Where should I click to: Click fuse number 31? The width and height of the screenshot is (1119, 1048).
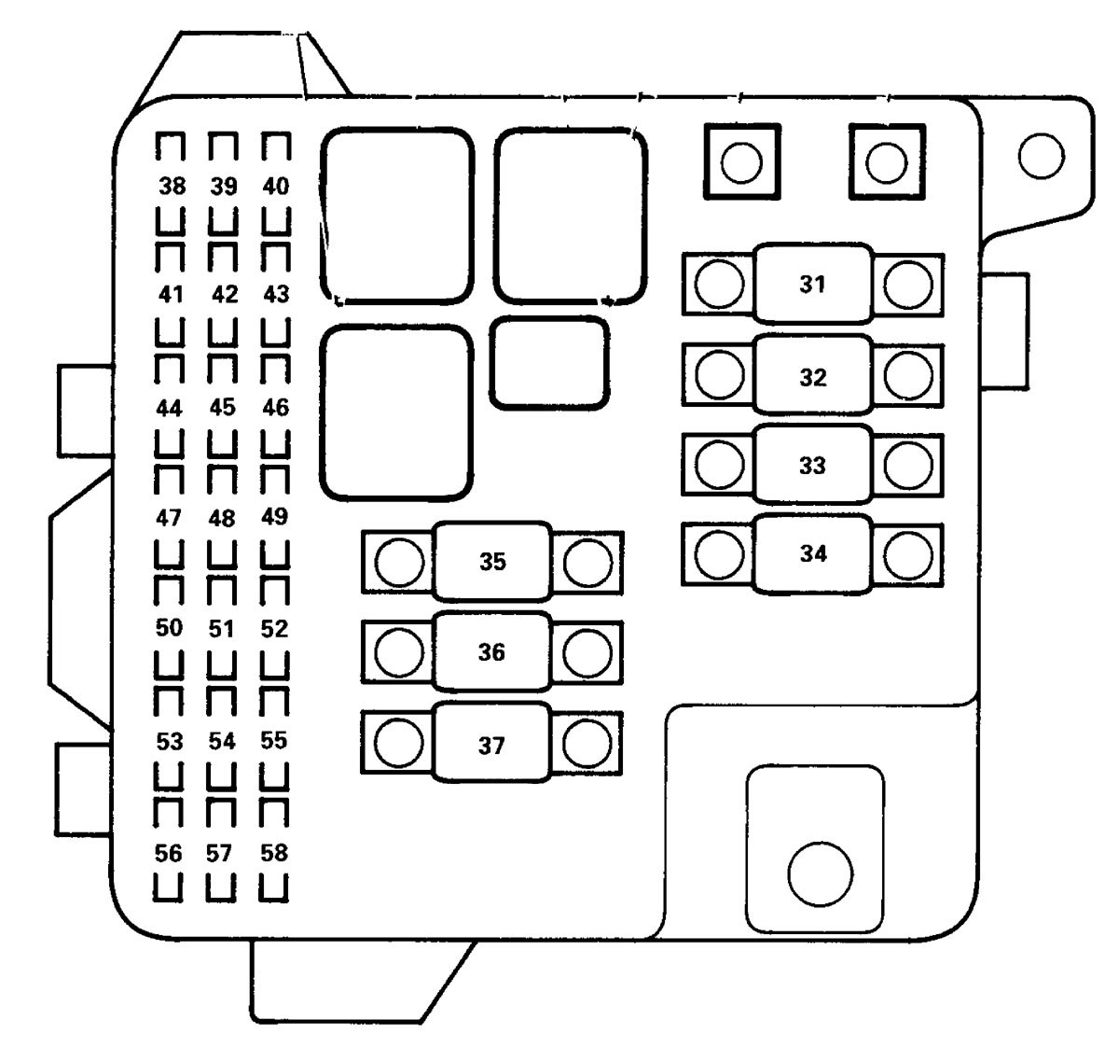812,285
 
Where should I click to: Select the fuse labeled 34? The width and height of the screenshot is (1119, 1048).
812,553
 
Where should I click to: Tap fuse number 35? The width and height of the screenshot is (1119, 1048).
492,562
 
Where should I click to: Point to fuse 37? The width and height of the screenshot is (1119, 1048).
491,746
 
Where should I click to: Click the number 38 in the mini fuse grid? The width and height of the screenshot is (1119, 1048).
171,187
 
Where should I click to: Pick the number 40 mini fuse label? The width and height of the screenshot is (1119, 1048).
275,187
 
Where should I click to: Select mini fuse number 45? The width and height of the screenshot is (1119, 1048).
223,408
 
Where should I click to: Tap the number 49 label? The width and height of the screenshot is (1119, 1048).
274,516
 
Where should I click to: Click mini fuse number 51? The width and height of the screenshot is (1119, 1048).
222,629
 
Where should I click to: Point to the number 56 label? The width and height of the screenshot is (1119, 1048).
169,853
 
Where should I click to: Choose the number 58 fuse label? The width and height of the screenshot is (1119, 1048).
274,853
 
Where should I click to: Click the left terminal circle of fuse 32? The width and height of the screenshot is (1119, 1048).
720,375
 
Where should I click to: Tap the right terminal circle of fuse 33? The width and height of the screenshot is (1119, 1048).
907,465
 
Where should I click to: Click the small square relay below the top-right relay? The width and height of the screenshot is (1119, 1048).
550,363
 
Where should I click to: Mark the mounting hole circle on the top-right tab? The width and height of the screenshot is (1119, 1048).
1042,156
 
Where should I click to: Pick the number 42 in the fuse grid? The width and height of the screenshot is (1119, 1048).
224,295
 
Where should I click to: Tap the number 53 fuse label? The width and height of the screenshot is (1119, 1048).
170,742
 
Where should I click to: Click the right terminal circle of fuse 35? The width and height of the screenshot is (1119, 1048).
587,562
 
